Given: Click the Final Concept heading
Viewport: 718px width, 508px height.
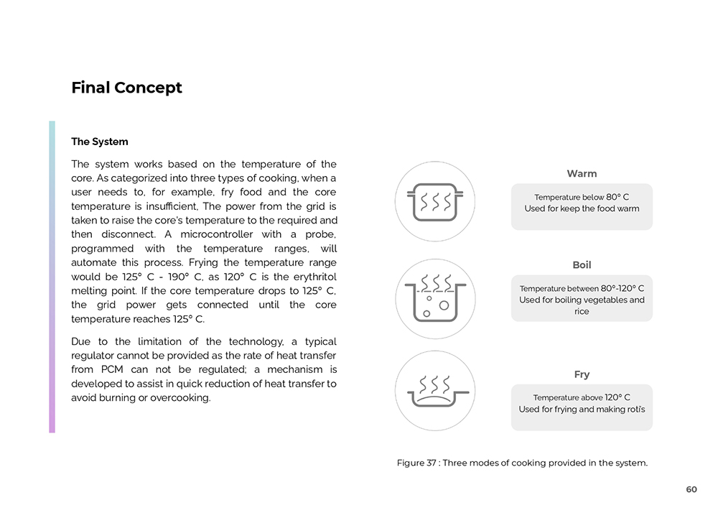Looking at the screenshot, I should [x=126, y=88].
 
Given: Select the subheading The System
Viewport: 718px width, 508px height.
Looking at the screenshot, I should [x=100, y=142].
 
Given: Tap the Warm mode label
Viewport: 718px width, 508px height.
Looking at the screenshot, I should [x=582, y=174].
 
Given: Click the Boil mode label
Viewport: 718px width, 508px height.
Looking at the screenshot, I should [x=582, y=265].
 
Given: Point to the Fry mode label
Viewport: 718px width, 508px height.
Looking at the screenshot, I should [x=582, y=374].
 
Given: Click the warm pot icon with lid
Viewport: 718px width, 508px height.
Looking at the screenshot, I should [x=434, y=201].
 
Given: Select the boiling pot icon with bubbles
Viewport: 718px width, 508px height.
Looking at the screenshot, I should [x=434, y=298].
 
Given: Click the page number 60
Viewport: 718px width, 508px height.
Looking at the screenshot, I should [x=691, y=489].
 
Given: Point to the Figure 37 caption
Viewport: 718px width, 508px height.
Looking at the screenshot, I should [x=522, y=463].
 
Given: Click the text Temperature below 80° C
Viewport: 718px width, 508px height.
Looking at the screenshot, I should [x=582, y=197].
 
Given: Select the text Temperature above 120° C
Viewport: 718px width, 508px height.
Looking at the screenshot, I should [x=582, y=397].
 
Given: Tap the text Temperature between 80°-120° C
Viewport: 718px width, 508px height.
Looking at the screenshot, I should [x=582, y=288].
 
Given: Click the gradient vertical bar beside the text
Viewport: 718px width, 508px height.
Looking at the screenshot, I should [x=52, y=277].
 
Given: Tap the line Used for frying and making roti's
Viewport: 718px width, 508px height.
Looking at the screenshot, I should [x=582, y=410].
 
